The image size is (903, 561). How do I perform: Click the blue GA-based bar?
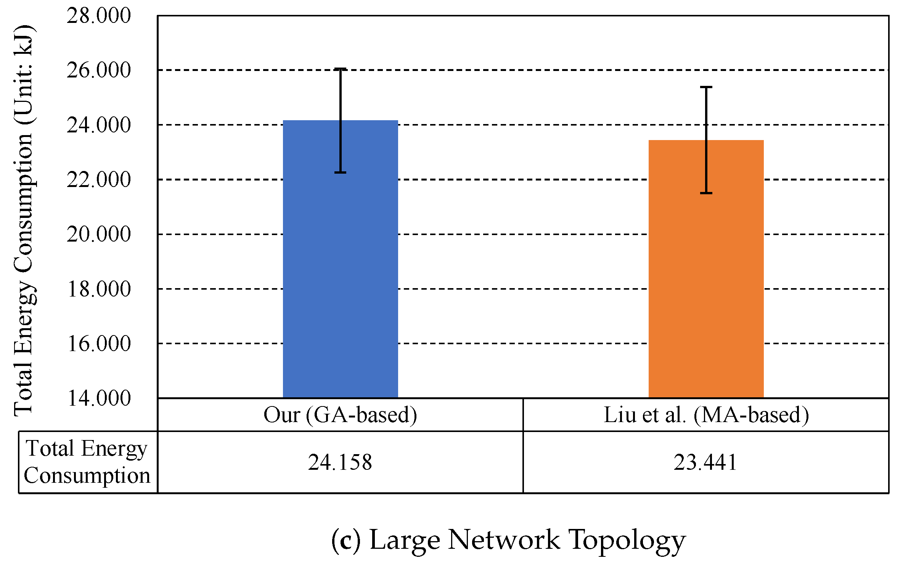(340, 267)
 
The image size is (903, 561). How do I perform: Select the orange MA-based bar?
(706, 275)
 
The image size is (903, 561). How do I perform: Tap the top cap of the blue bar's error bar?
(340, 69)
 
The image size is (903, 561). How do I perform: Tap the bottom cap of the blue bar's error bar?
(340, 172)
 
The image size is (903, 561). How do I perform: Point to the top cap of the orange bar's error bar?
(706, 87)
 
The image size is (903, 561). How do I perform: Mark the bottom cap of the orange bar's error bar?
(706, 193)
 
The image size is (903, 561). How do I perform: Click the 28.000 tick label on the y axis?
(99, 16)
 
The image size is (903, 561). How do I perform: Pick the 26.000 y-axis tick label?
(99, 70)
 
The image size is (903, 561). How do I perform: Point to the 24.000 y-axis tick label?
(99, 125)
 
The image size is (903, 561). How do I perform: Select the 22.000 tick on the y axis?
(99, 180)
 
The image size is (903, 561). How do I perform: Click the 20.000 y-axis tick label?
(99, 234)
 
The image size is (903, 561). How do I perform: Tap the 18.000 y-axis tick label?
(99, 289)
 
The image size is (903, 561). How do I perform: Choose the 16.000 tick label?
(99, 343)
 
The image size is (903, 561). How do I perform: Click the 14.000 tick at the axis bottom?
(99, 398)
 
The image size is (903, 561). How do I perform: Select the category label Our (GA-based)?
(340, 415)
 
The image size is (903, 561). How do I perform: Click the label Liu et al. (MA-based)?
(706, 415)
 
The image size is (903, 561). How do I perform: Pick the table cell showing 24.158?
(340, 462)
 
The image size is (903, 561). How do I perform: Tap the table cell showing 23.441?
(706, 462)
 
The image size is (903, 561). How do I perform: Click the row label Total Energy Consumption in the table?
(87, 462)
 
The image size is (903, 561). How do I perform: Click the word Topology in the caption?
(627, 540)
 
